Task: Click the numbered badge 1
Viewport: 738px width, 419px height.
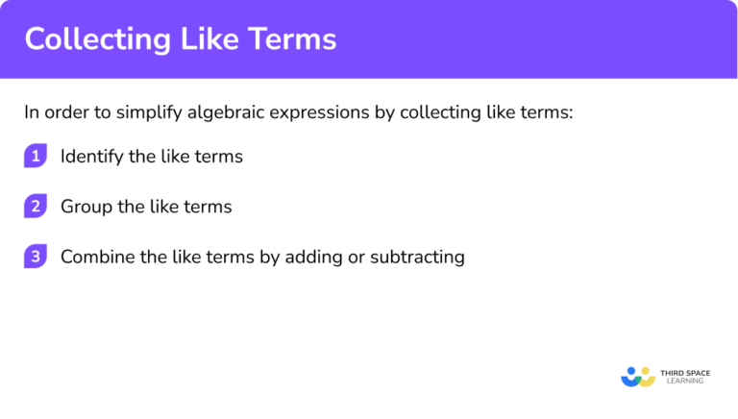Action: (x=35, y=157)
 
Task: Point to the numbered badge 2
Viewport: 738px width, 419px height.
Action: (x=35, y=207)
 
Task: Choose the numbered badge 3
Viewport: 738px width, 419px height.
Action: (x=35, y=257)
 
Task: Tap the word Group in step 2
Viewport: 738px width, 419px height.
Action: (x=84, y=207)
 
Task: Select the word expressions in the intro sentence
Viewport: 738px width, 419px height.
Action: (x=308, y=112)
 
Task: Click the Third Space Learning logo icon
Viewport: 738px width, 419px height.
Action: (x=637, y=375)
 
